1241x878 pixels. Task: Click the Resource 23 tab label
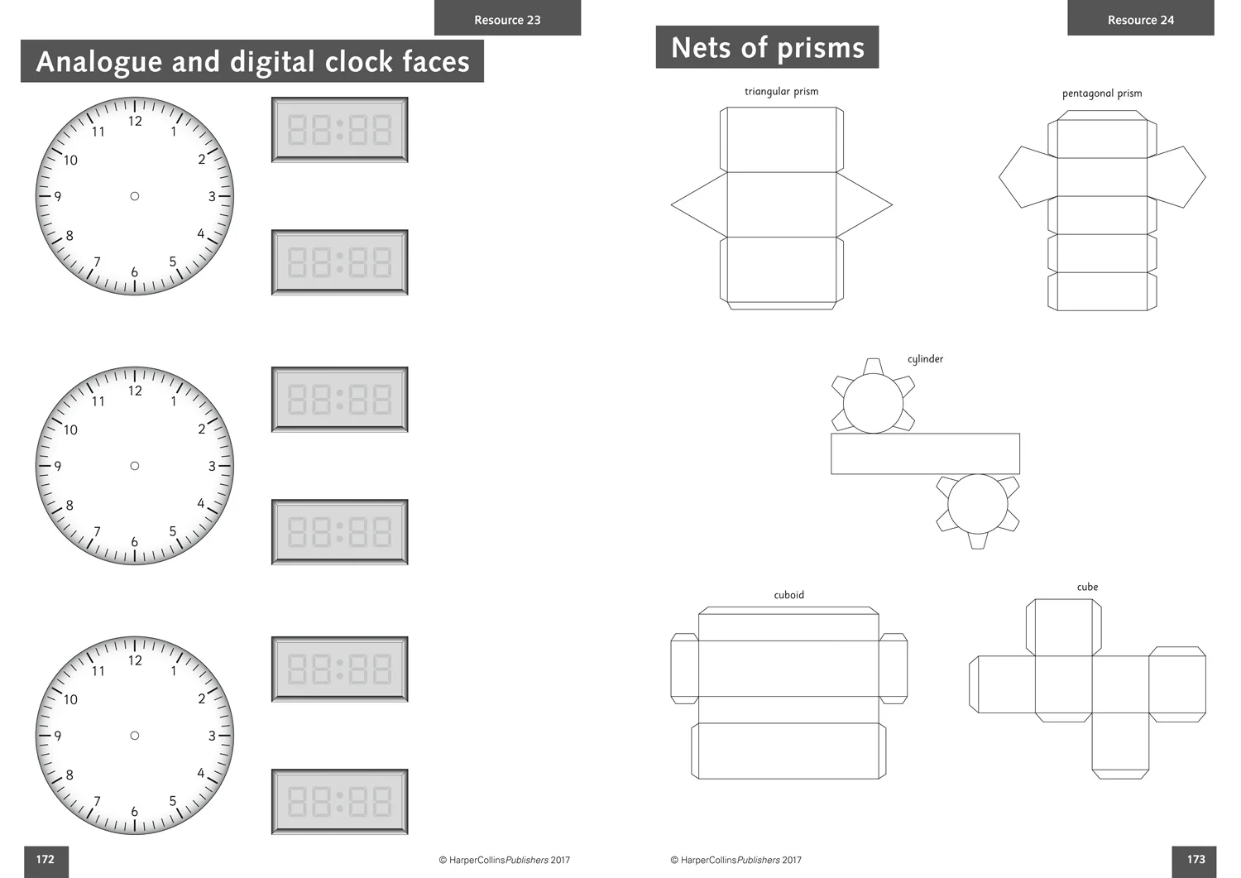pos(507,20)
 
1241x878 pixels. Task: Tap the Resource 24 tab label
pos(1141,20)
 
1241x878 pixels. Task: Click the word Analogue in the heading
pos(99,62)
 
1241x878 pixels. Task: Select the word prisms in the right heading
pos(821,48)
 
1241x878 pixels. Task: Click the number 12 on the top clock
pos(135,121)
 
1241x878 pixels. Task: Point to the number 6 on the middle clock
pos(135,541)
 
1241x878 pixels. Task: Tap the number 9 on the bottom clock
pos(58,736)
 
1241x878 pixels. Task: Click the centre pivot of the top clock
pos(135,196)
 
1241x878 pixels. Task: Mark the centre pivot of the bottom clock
pos(135,736)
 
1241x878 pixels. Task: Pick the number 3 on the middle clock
pos(212,466)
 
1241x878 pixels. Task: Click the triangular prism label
pos(781,92)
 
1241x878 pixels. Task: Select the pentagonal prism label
pos(1102,94)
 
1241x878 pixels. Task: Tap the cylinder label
pos(925,359)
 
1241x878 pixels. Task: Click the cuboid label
pos(789,595)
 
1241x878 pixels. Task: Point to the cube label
pos(1087,587)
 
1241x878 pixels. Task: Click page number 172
pos(46,859)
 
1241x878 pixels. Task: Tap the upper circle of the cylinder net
pos(873,403)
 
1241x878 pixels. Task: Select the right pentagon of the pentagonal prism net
pos(1175,177)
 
